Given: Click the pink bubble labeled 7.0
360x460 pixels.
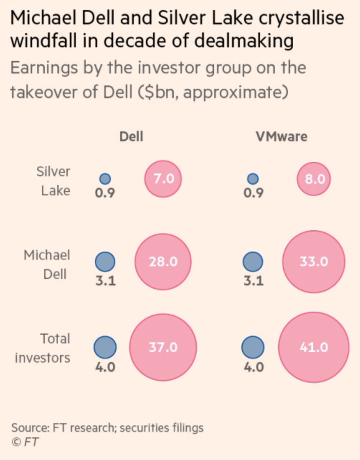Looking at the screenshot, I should pos(163,179).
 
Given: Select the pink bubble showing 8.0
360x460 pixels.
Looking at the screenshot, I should pos(314,179).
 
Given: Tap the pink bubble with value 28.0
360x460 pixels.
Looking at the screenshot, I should pos(163,262).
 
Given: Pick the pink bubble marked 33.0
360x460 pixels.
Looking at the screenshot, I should pos(314,262).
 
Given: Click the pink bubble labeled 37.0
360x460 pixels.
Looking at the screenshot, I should pos(163,347).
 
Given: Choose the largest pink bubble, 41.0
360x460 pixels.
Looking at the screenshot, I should pos(314,347).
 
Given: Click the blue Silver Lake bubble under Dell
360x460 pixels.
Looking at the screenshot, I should pos(105,179).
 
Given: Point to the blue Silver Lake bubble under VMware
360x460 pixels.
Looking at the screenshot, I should pos(253,179).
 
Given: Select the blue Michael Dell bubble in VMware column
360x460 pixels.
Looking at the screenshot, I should pos(253,262).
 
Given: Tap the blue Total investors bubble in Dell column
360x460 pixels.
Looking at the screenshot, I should pos(105,347).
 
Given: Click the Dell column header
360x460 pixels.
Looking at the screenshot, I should pos(132,137).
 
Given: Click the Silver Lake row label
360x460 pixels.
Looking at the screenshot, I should pos(53,181).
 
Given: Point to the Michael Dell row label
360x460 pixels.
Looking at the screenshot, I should pos(47,264).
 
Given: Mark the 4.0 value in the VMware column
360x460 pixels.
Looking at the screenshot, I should pos(253,367).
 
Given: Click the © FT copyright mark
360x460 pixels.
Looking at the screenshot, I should pos(25,442).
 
